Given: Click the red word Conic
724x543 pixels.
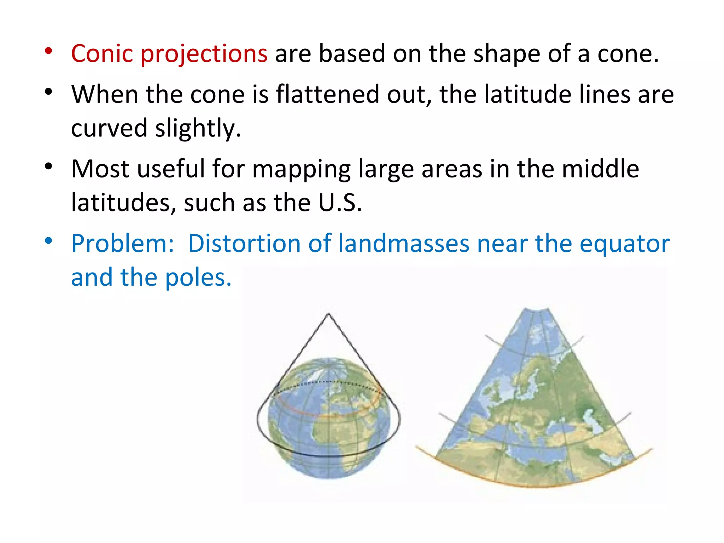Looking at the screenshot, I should point(102,54).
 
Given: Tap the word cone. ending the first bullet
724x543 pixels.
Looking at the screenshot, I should point(628,54).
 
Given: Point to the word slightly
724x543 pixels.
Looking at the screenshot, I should point(198,128).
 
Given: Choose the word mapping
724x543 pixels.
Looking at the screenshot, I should point(301,169).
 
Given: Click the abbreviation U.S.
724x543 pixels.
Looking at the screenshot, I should point(340,203).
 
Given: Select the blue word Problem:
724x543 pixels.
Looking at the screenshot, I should point(123,244).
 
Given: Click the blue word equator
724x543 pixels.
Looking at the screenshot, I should point(625,244).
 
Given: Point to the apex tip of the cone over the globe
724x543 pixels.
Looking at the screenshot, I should point(328,314).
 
